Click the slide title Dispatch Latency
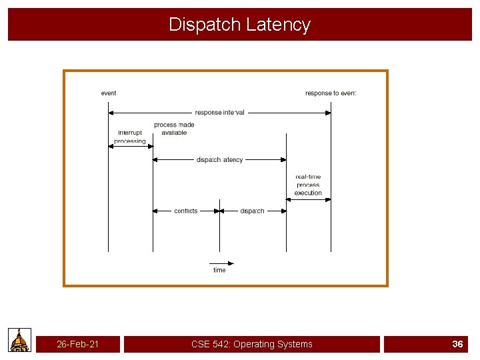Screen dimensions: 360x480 point(239,25)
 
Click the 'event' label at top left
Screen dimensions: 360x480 point(109,93)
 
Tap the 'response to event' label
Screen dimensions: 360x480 point(331,93)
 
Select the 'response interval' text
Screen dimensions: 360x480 point(220,113)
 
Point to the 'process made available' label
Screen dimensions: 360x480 point(174,129)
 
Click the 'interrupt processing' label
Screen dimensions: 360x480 point(130,137)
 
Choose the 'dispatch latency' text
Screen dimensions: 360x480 point(220,160)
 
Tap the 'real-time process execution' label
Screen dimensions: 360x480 point(308,185)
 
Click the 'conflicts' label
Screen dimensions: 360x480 point(186,211)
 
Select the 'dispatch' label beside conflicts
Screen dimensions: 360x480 point(252,211)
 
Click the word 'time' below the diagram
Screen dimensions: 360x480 point(219,270)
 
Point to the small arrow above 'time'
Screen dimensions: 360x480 point(222,263)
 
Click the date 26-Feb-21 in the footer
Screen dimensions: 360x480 point(78,344)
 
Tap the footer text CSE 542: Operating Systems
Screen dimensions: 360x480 point(251,344)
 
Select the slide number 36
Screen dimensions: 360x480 point(457,344)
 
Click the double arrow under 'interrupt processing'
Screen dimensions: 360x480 point(131,147)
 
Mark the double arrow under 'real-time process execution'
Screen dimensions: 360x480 point(309,199)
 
